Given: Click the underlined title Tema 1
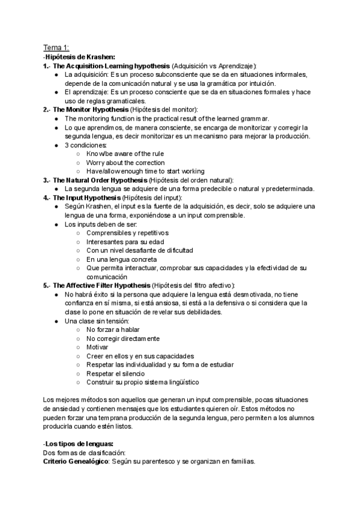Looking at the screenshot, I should (56, 47).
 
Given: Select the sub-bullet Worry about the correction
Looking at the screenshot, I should (117, 163).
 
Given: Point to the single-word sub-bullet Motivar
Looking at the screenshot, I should (97, 347).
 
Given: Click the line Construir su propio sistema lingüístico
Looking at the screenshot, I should (143, 382).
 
